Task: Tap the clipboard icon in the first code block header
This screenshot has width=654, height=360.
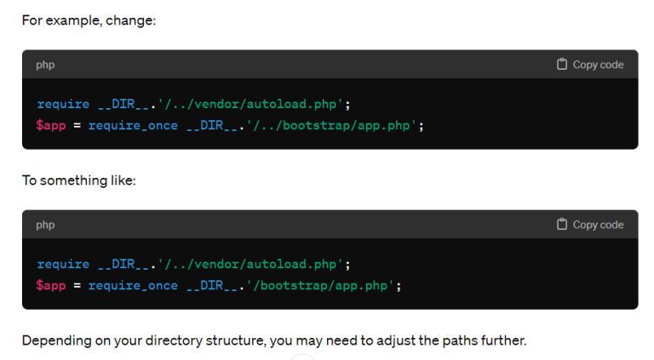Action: [562, 65]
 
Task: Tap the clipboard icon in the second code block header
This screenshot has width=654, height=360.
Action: [562, 225]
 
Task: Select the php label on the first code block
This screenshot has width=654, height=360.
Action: [45, 65]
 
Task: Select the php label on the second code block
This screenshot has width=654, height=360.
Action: [45, 225]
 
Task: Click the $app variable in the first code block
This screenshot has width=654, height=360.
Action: [50, 125]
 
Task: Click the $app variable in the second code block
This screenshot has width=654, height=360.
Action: [50, 285]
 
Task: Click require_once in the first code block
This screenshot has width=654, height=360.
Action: [133, 125]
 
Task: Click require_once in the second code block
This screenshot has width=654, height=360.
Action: [133, 285]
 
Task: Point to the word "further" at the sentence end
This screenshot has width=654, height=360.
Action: [502, 341]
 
